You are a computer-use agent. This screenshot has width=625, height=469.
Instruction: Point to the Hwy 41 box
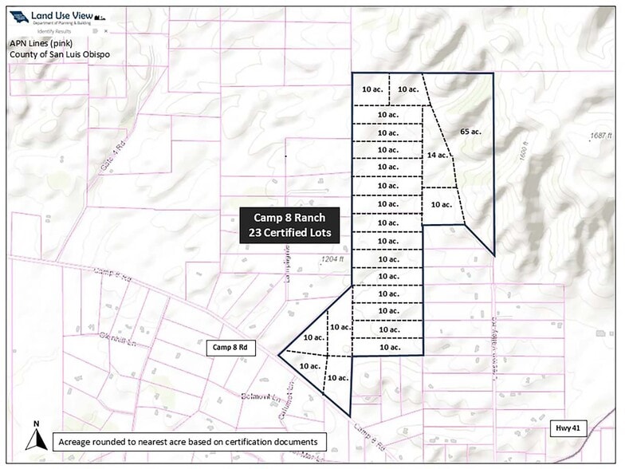tap(566, 428)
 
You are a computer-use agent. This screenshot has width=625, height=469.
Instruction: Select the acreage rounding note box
tap(187, 441)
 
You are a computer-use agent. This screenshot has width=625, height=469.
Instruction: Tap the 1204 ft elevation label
tap(332, 259)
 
